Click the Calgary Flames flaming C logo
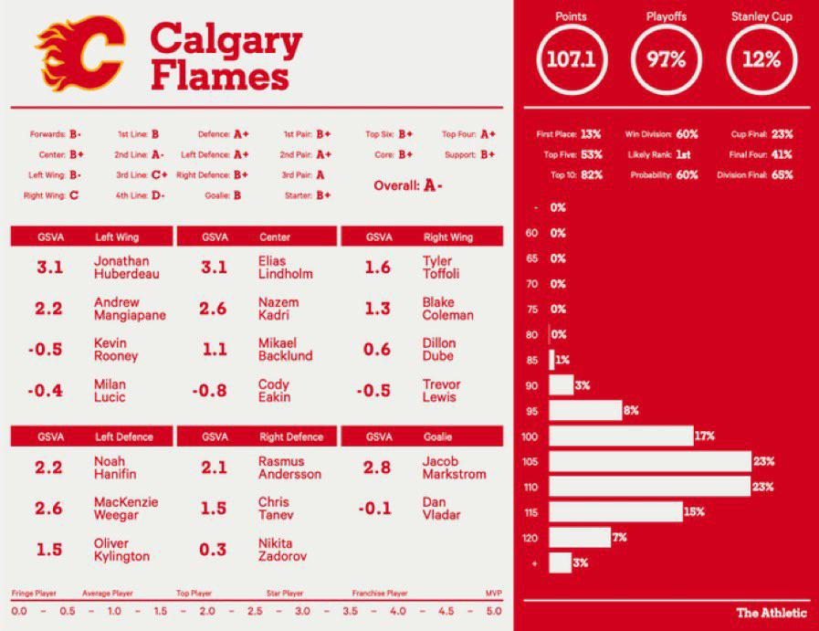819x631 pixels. [x=80, y=54]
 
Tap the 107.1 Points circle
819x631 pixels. [x=571, y=60]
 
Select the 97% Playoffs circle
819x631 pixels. [x=667, y=60]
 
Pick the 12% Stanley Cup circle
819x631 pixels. [x=761, y=60]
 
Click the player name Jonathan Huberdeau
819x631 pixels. [x=121, y=268]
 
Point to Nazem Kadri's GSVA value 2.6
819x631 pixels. [x=213, y=309]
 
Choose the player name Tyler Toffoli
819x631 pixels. [x=441, y=268]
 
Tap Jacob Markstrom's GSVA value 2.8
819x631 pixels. [x=377, y=468]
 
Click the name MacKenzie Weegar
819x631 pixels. [x=126, y=509]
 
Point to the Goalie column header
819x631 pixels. [x=437, y=437]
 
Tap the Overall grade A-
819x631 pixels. [x=433, y=185]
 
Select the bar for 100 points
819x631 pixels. [x=621, y=436]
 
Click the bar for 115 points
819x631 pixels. [x=616, y=512]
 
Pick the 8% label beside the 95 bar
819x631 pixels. [x=630, y=411]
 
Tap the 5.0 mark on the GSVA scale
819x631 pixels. [x=493, y=610]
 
